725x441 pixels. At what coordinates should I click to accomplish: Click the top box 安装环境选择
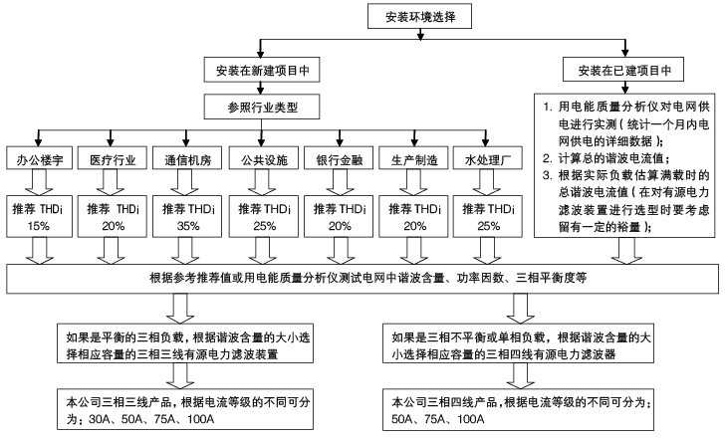(x=419, y=17)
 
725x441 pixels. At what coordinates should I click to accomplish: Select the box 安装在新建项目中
(x=262, y=71)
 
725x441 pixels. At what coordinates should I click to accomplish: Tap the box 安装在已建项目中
(x=623, y=71)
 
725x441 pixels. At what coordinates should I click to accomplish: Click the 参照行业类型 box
(x=262, y=107)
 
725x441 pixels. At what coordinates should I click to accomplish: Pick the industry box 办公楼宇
(x=39, y=158)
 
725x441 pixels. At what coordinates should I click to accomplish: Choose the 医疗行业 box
(x=113, y=158)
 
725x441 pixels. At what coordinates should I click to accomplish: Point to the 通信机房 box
(x=187, y=158)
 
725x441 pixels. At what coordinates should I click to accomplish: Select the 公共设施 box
(x=264, y=158)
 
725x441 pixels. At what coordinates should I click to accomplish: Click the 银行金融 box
(x=339, y=158)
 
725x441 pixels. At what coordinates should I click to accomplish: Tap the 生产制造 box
(x=413, y=158)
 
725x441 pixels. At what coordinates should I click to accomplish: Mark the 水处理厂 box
(x=488, y=158)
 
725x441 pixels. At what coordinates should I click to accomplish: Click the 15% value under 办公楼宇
(x=39, y=226)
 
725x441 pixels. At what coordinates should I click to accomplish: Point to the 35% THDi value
(x=188, y=226)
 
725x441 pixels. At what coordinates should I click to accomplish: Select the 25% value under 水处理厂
(x=489, y=226)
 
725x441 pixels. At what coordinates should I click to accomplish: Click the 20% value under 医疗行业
(x=114, y=226)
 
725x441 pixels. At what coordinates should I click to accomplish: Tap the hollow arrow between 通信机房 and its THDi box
(x=184, y=182)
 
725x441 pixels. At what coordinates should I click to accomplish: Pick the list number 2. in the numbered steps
(x=548, y=158)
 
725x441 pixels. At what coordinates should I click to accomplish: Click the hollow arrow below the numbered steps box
(x=626, y=251)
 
